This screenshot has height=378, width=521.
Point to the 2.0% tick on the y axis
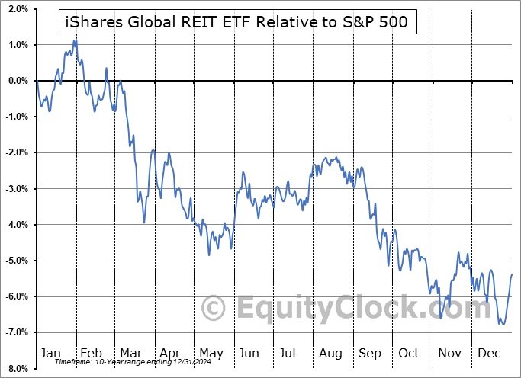[x=18, y=9]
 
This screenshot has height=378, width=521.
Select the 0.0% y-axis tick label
[x=18, y=81]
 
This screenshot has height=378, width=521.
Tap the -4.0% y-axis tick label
[x=16, y=225]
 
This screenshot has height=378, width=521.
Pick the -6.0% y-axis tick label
[x=16, y=296]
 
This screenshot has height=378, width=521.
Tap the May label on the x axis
[x=211, y=353]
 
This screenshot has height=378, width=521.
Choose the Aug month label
[x=330, y=353]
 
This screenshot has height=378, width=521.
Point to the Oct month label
[x=409, y=353]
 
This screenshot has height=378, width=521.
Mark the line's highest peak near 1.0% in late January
[x=74, y=40]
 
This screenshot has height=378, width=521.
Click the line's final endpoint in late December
[x=511, y=274]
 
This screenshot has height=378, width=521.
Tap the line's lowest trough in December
[x=502, y=324]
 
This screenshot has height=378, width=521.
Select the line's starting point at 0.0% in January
[x=37, y=81]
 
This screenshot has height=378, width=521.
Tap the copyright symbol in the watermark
[x=214, y=308]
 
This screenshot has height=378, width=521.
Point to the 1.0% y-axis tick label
[x=18, y=45]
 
